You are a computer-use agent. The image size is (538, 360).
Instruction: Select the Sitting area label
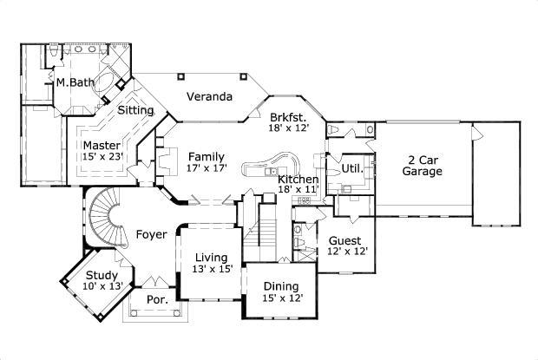[x=135, y=111]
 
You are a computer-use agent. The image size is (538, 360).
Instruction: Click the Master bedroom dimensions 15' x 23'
[x=103, y=157]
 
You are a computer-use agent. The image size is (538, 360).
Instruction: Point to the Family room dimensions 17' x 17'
[x=207, y=169]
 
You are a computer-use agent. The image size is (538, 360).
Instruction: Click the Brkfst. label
[x=286, y=115]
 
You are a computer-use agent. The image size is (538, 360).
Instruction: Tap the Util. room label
[x=351, y=167]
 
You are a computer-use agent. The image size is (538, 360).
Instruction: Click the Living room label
[x=211, y=258]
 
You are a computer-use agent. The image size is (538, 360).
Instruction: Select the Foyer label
[x=151, y=235]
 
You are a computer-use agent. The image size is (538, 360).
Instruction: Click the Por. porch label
[x=155, y=299]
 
